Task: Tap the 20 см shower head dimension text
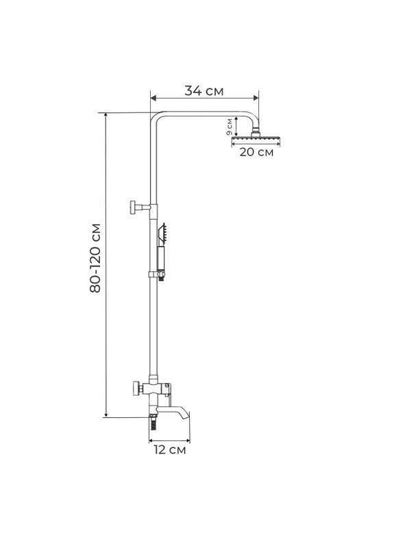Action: pyautogui.click(x=256, y=152)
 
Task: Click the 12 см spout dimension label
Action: pyautogui.click(x=169, y=450)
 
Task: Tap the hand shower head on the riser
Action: pyautogui.click(x=162, y=233)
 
